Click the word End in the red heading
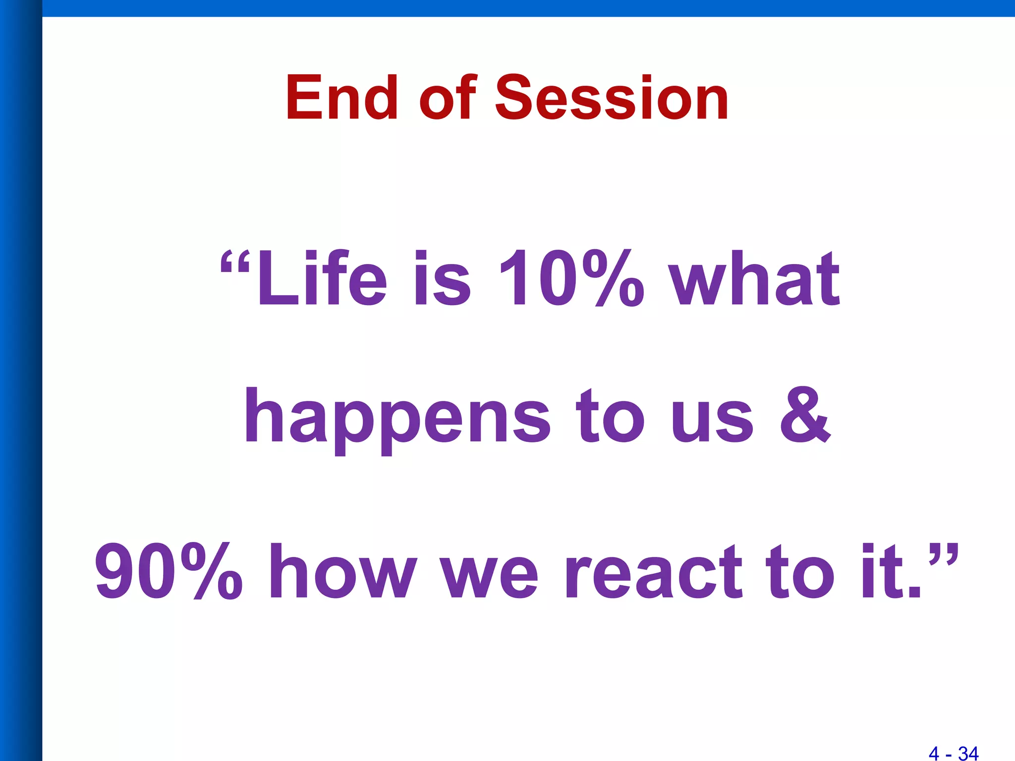coord(341,98)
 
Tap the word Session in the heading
coord(612,98)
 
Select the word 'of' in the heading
coord(448,98)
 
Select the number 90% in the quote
coord(169,571)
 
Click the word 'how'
coord(342,571)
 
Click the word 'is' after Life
coord(442,278)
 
